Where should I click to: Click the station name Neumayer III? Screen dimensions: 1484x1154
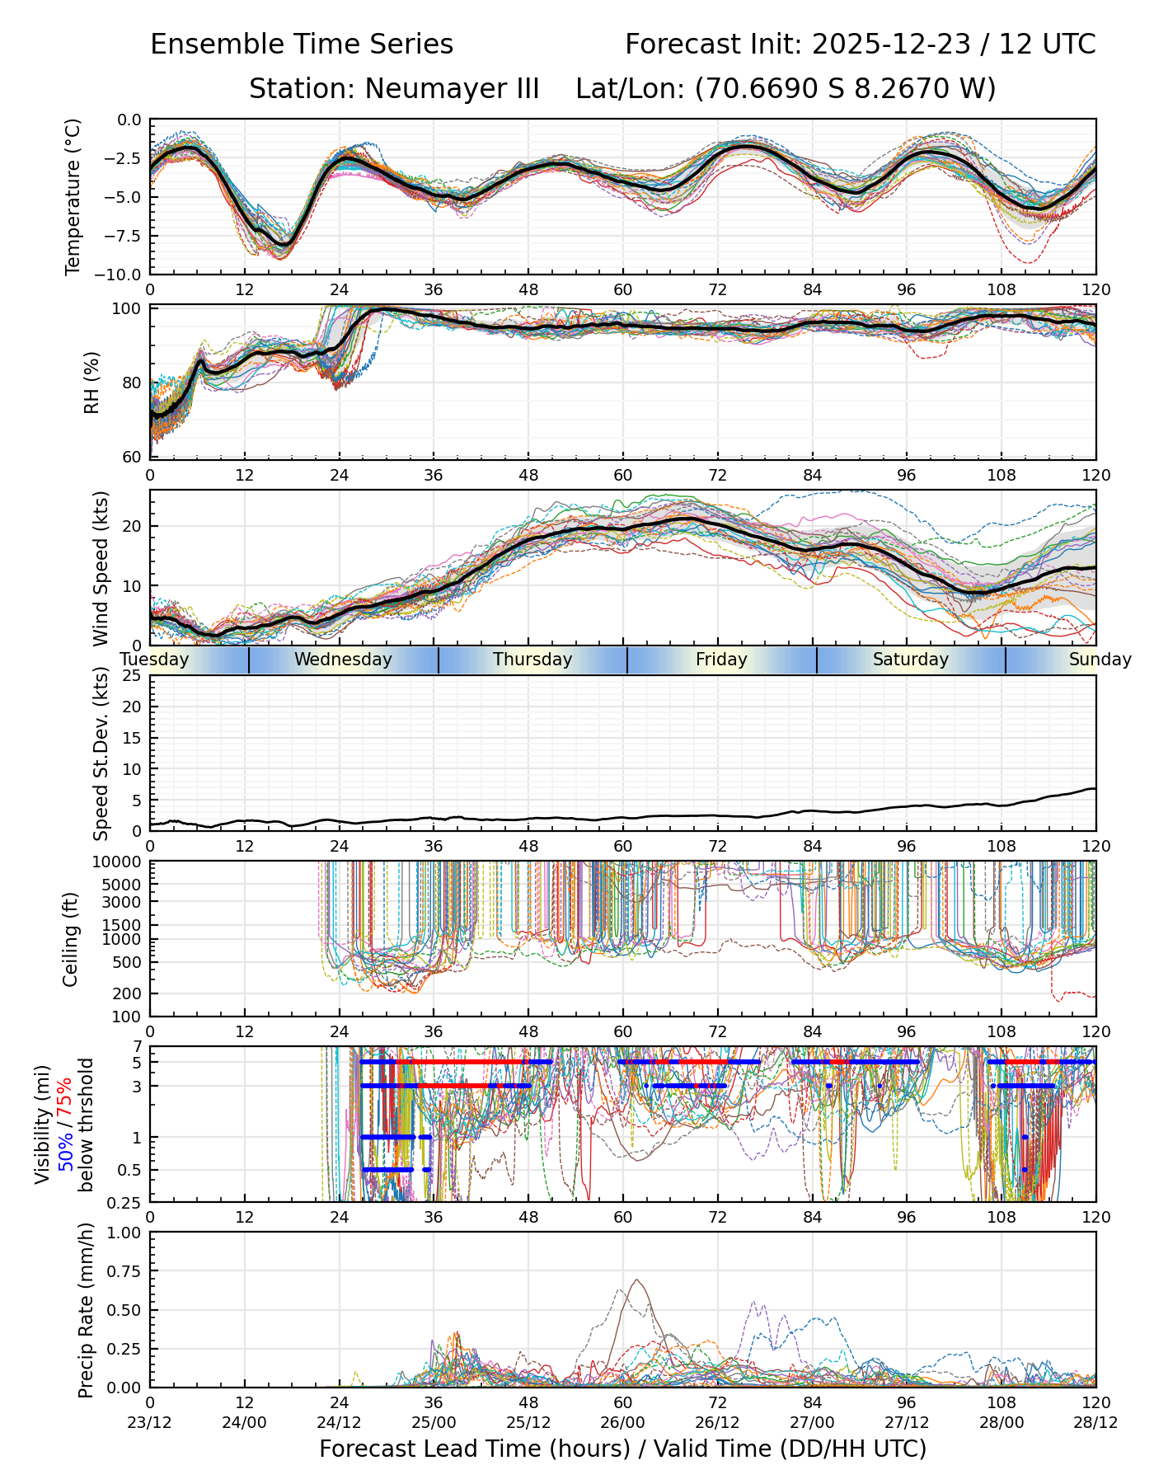coord(452,88)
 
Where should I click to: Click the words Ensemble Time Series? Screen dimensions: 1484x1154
coord(302,45)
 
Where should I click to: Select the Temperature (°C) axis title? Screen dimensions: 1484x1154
coord(73,196)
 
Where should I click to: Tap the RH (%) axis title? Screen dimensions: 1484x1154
coord(91,383)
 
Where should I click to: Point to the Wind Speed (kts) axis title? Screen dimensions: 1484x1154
coord(101,568)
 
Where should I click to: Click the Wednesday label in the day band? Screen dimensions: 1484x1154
coord(343,660)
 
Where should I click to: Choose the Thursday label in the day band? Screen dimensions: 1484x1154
coord(532,660)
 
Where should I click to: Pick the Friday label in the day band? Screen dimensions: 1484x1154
coord(721,660)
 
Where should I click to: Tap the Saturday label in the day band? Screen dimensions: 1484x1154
coord(911,660)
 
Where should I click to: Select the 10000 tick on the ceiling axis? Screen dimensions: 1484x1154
coord(119,862)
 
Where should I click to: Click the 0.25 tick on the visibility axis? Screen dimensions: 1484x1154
coord(126,1201)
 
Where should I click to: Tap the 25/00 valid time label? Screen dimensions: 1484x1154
coord(434,1422)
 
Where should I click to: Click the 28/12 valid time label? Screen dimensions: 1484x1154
coord(1095,1422)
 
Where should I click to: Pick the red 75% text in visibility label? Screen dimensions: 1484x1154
coord(65,1100)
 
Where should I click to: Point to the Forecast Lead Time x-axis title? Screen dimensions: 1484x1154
coord(622,1449)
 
